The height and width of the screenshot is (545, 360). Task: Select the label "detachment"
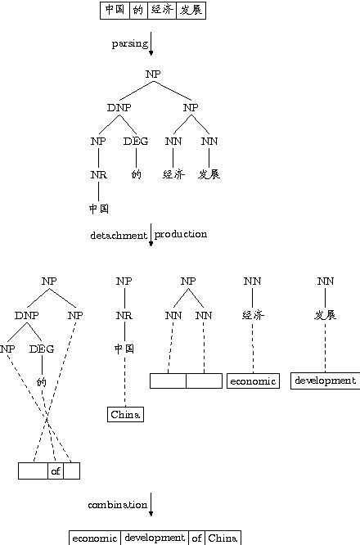(x=118, y=235)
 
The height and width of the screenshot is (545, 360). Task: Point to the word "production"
(x=181, y=234)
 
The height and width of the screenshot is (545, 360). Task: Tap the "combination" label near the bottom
(x=117, y=505)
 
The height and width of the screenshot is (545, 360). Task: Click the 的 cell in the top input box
(x=138, y=10)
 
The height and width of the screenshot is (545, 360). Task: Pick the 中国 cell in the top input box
(x=114, y=10)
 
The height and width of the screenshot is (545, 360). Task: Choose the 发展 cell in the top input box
(x=192, y=10)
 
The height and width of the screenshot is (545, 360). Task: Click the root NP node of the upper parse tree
(x=154, y=74)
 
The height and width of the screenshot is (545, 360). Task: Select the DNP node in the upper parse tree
(x=119, y=107)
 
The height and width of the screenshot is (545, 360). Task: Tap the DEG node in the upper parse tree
(x=136, y=141)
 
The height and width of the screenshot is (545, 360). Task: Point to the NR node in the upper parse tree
(x=98, y=174)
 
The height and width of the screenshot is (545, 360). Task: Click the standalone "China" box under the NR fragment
(x=125, y=415)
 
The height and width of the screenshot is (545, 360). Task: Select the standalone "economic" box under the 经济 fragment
(x=254, y=381)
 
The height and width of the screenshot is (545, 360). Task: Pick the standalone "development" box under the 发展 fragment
(x=325, y=381)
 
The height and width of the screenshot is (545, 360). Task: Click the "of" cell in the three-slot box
(x=56, y=471)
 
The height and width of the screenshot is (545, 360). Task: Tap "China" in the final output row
(x=223, y=538)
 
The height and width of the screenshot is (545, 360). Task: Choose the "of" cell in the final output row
(x=197, y=538)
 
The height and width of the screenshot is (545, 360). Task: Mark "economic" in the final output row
(x=95, y=538)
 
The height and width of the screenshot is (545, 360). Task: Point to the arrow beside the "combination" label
(x=151, y=505)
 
